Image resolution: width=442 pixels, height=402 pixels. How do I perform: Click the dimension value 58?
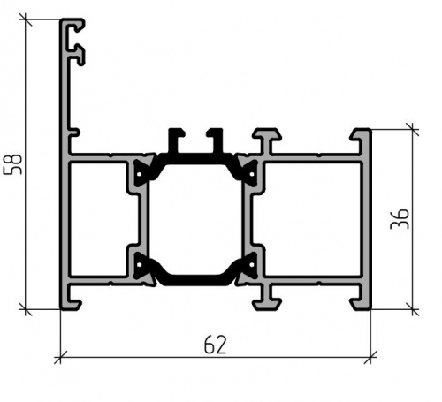coord(13,164)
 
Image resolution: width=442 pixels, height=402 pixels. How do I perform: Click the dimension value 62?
coord(216,345)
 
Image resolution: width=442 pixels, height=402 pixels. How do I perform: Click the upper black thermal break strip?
coord(195,159)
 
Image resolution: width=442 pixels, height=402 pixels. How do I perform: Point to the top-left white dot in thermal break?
coord(140,174)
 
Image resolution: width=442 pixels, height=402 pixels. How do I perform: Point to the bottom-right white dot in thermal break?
coord(252,265)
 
